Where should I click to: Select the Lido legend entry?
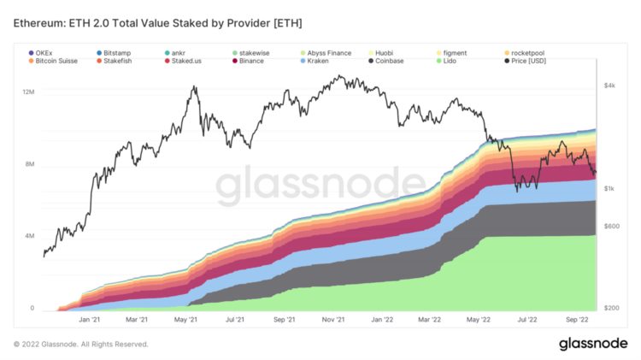(450, 62)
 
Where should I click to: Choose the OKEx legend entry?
(50, 52)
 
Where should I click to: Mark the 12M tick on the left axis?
(27, 91)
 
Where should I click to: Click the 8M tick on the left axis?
(27, 163)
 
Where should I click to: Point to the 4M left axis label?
(27, 235)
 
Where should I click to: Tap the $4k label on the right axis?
(609, 86)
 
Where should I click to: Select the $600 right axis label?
(609, 226)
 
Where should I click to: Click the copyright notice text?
(82, 344)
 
